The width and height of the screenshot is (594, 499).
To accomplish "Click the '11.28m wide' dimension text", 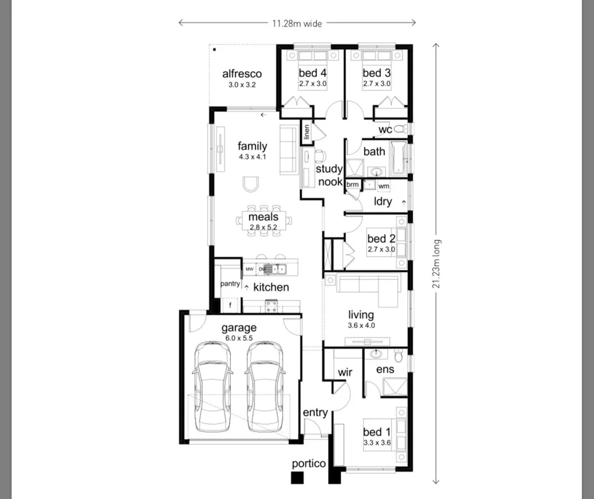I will coord(297,23).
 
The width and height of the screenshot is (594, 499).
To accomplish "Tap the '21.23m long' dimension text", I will coord(438,264).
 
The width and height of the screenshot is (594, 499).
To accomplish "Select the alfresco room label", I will coord(242,74).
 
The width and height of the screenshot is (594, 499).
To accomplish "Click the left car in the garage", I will coord(214,386).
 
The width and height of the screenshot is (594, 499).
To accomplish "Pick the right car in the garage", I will coord(265,386).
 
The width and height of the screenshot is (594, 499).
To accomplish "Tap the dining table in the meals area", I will coord(264,220).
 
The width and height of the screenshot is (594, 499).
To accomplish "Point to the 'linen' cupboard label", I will coord(306,133).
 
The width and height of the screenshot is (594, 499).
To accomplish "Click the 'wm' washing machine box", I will coord(384,186).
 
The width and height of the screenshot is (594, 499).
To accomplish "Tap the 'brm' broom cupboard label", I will coord(352,185).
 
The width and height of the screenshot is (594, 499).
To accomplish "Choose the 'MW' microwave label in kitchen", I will coord(250,269).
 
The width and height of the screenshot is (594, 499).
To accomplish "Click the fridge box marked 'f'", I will coord(230,305).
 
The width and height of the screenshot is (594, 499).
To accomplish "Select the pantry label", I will coord(230,284).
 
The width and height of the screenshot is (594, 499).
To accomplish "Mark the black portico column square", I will coord(298,477).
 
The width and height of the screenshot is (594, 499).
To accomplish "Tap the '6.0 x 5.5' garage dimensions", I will coord(239,338).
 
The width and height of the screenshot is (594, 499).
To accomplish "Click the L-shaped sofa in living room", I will coord(369,288).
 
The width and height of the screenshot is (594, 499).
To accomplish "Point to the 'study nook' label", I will coord(329,175).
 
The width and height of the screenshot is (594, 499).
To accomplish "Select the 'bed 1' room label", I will coord(377,432).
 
